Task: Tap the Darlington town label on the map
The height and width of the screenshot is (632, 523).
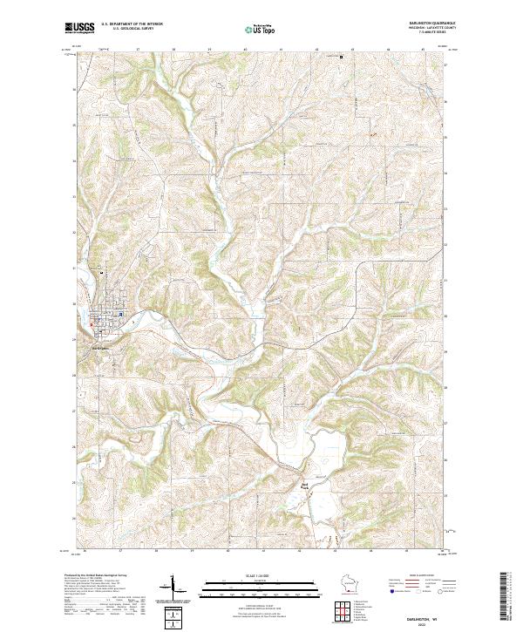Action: click(101, 350)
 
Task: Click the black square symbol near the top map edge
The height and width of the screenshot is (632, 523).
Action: click(341, 58)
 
